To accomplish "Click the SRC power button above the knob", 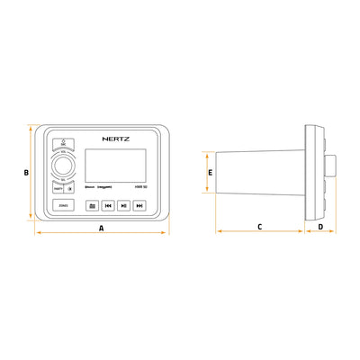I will (x=64, y=143).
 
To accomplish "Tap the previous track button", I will (x=107, y=205).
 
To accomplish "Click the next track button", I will (x=139, y=205).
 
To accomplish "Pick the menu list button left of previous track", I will (x=91, y=205).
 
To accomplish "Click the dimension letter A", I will (x=102, y=229).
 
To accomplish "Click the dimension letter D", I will (x=321, y=228).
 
